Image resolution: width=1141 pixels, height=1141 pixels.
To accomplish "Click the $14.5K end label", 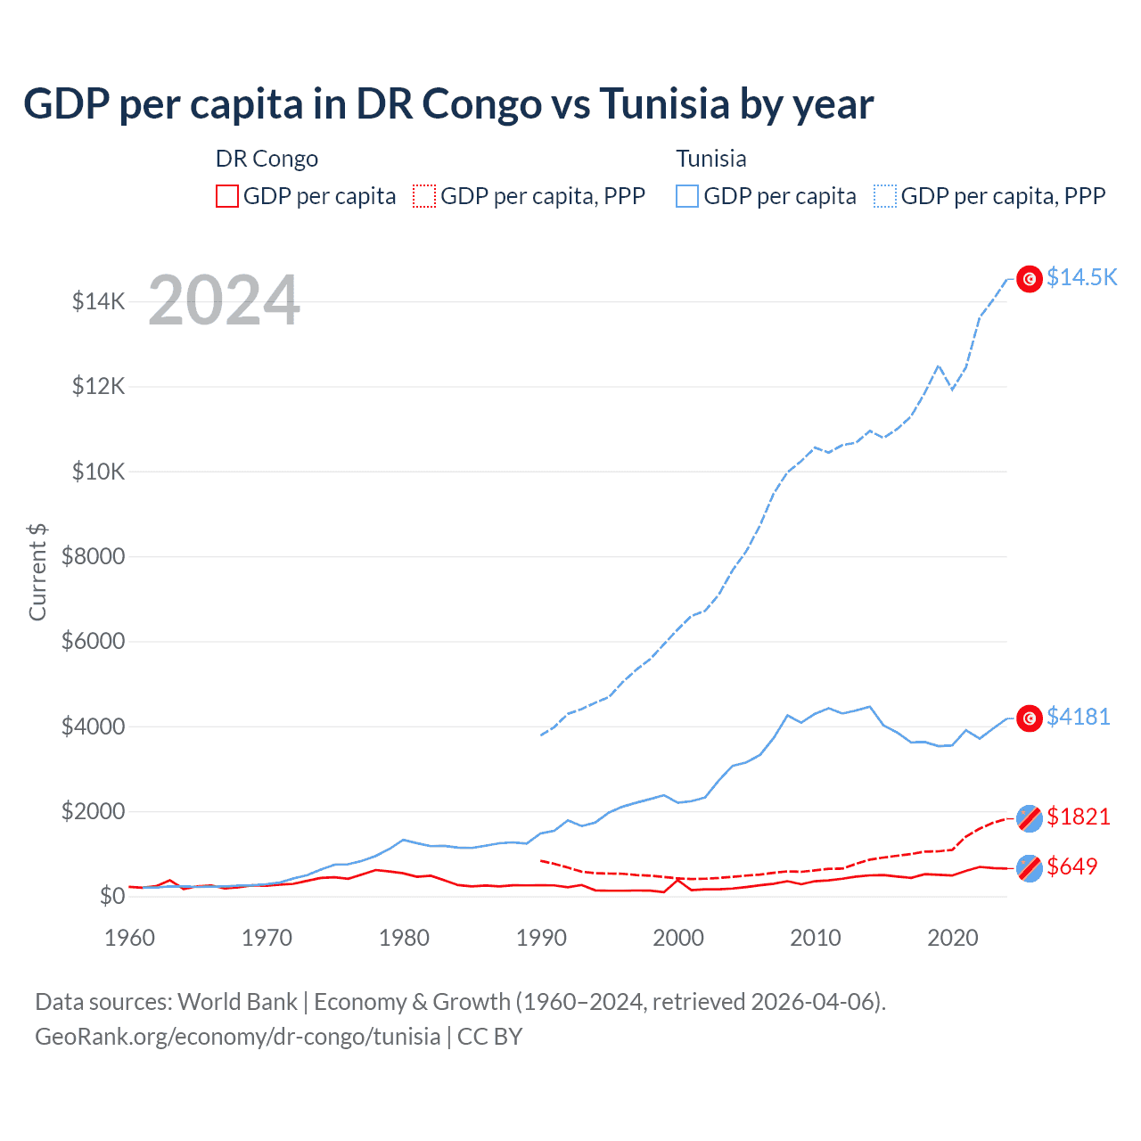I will click(1081, 277).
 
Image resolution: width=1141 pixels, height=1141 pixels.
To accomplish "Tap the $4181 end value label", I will click(1078, 717).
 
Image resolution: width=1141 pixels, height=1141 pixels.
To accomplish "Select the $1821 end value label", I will click(1078, 817).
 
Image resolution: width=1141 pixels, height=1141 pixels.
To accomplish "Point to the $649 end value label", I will click(1071, 866).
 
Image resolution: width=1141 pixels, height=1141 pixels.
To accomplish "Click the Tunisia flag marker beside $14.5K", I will click(1030, 279).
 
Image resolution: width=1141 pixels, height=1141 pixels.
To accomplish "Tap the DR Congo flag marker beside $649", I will click(1030, 867).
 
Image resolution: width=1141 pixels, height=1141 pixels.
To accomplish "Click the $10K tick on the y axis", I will click(98, 472).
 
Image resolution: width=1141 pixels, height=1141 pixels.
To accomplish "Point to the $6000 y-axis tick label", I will click(93, 641).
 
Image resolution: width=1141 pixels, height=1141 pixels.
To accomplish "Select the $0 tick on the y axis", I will click(111, 896).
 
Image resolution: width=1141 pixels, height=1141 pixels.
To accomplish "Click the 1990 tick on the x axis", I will click(541, 938).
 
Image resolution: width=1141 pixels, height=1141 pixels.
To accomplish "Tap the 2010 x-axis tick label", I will click(816, 938).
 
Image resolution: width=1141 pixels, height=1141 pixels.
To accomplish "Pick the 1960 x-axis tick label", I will click(130, 938).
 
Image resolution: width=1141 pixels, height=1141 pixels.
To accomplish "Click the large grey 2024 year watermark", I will click(224, 300).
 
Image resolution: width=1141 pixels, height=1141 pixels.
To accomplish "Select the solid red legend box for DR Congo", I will click(227, 196).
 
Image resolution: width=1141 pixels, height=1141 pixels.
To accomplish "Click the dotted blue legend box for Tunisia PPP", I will click(885, 196).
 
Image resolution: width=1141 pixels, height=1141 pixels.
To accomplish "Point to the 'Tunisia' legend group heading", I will click(710, 159).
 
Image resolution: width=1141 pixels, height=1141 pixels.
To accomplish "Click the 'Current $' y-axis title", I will click(37, 572).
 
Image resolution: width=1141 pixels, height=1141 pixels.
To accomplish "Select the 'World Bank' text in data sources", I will click(237, 1002).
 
